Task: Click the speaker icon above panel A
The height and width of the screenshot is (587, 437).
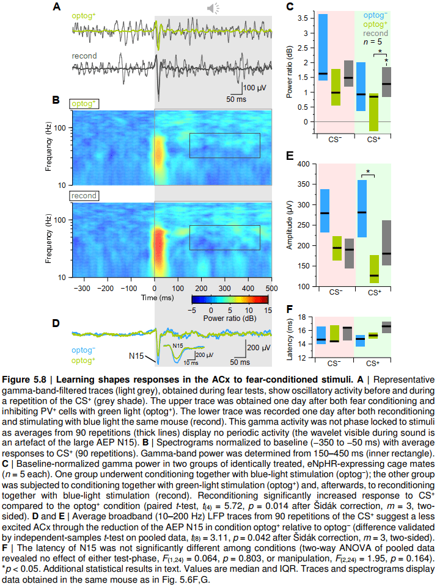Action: coord(213,8)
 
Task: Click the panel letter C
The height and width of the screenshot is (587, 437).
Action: coord(290,7)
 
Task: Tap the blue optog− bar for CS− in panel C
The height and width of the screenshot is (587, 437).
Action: coord(323,47)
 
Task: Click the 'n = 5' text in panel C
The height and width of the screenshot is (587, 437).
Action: coord(372,42)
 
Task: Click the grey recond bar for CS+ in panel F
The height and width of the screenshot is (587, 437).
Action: coord(386,327)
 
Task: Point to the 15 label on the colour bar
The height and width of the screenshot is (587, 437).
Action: coord(266,310)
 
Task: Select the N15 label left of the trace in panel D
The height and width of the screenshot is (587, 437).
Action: coord(137,355)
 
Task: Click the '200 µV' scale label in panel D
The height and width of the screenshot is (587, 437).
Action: coord(258,348)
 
